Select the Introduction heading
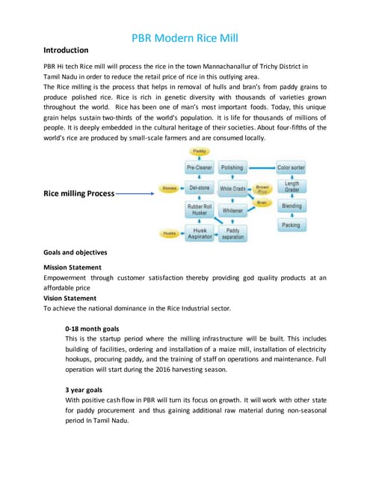67,51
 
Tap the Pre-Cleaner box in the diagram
200,168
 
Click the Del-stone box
200,188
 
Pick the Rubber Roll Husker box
200,209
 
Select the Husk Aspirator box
200,234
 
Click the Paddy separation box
232,234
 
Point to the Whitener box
232,211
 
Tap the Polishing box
232,168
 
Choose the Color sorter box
290,168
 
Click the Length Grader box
292,186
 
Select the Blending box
292,206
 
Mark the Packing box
290,225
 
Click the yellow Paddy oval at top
200,152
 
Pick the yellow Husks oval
170,234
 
